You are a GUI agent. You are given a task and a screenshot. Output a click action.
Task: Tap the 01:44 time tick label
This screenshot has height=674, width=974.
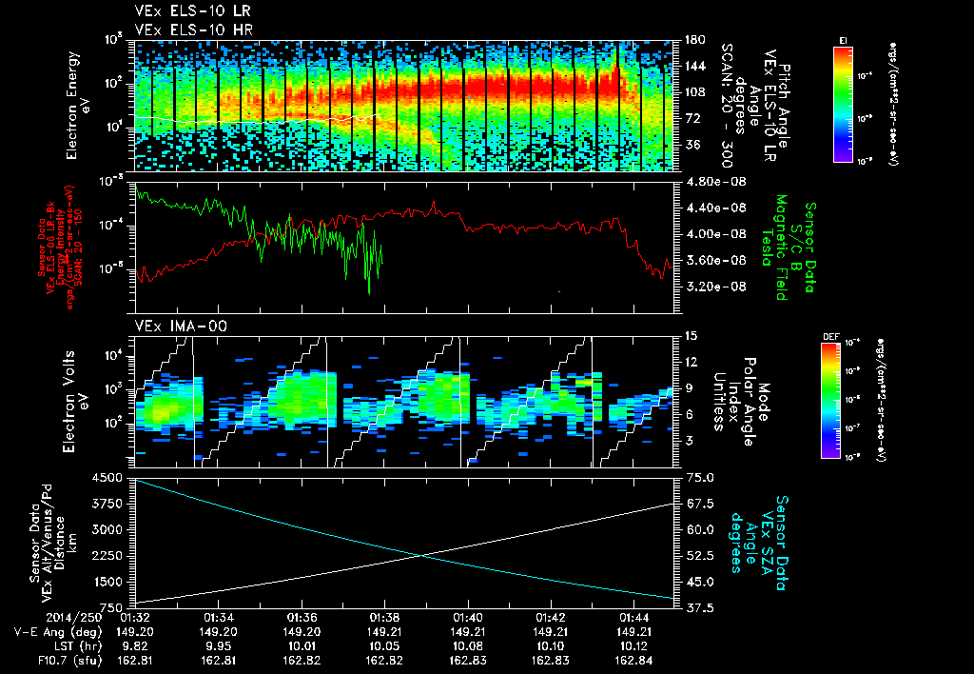click(633, 616)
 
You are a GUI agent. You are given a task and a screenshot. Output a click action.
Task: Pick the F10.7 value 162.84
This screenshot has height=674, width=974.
click(633, 658)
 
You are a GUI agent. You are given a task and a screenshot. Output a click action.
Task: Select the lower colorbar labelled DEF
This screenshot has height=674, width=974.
click(830, 400)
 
